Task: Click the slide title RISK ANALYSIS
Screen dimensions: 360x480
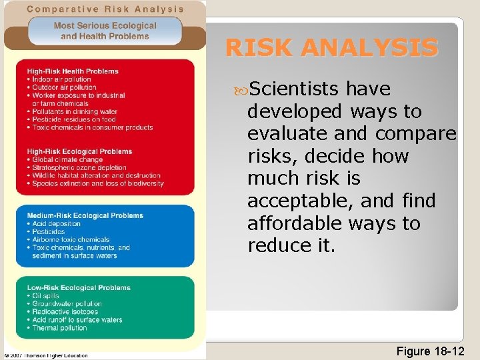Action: pyautogui.click(x=332, y=48)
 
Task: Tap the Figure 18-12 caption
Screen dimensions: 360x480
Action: pyautogui.click(x=430, y=350)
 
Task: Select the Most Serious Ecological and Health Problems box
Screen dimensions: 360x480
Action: pyautogui.click(x=105, y=31)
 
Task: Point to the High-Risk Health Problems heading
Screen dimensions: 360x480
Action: pyautogui.click(x=73, y=71)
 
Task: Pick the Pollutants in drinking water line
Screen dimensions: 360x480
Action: pyautogui.click(x=75, y=111)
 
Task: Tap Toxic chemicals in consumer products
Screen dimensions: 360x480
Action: pyautogui.click(x=92, y=127)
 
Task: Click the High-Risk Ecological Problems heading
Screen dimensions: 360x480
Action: pyautogui.click(x=79, y=151)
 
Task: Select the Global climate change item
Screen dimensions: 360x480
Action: pyautogui.click(x=67, y=159)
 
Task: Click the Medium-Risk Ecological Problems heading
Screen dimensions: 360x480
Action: pyautogui.click(x=85, y=215)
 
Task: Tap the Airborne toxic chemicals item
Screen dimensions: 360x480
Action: pyautogui.click(x=71, y=239)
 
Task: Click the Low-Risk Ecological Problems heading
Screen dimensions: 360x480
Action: pyautogui.click(x=79, y=287)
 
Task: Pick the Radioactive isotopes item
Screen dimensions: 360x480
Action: pyautogui.click(x=65, y=311)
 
